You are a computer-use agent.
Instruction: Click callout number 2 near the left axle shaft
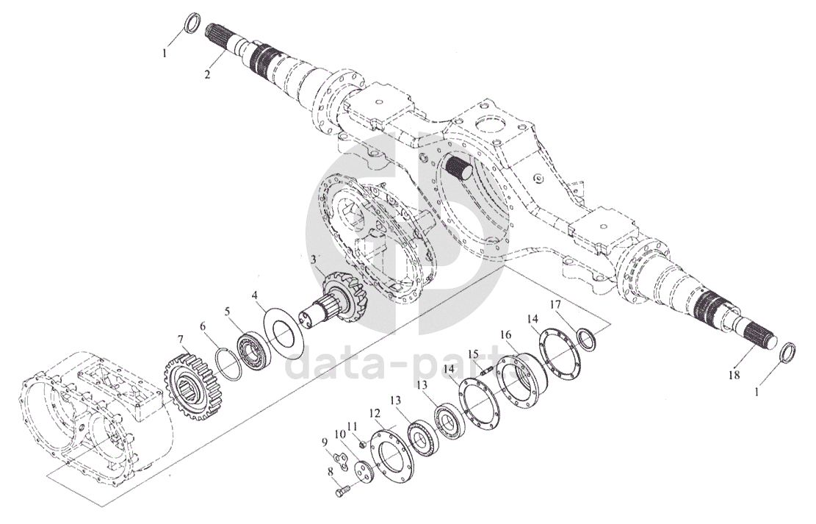[207, 74]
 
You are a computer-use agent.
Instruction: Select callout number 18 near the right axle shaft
[734, 374]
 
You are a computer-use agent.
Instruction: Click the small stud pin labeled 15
[486, 372]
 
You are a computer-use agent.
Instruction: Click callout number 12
[375, 414]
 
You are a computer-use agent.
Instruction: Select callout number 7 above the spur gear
[181, 340]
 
